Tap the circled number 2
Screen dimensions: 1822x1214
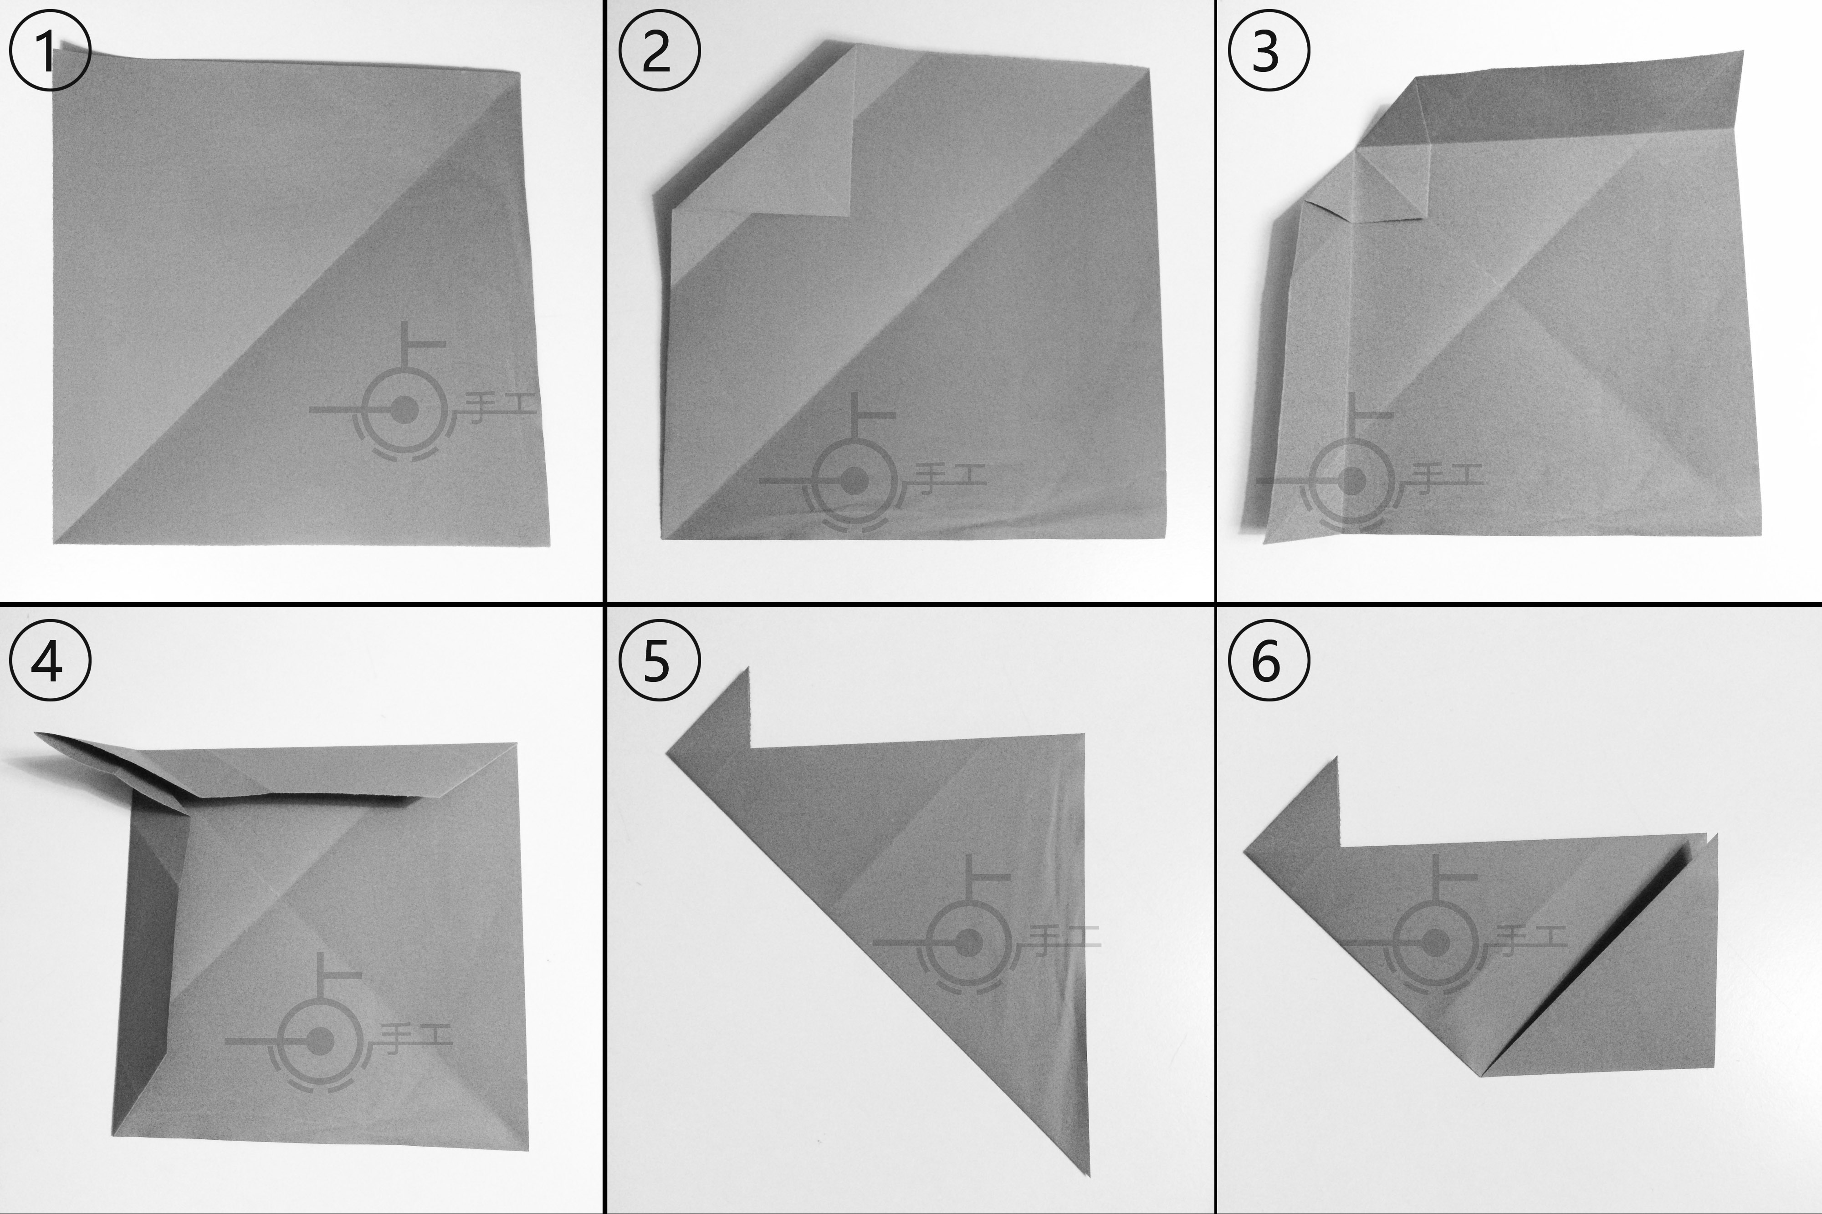tap(659, 53)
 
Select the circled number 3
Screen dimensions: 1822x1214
tap(1269, 53)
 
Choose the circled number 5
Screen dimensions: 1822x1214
tap(659, 661)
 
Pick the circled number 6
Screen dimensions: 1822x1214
tap(1269, 661)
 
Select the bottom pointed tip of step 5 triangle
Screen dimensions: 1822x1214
tap(1088, 1174)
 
